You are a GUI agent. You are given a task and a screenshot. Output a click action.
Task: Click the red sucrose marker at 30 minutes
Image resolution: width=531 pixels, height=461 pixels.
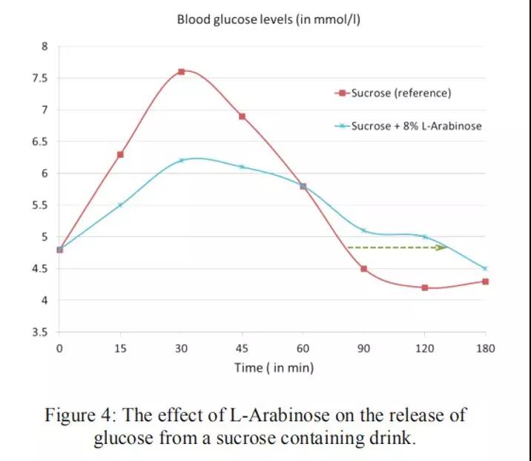tap(181, 72)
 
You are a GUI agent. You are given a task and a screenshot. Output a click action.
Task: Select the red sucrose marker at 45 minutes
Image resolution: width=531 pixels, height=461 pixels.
tap(242, 116)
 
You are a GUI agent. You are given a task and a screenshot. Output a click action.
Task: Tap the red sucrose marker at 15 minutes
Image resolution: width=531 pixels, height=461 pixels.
tap(120, 154)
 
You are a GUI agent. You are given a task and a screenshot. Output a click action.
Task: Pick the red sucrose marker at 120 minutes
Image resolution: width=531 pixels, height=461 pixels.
tap(424, 288)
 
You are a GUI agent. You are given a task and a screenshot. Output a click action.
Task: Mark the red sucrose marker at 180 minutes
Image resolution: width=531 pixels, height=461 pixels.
tap(485, 282)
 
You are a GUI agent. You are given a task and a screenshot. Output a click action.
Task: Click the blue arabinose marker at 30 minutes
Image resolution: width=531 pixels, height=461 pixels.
tap(181, 160)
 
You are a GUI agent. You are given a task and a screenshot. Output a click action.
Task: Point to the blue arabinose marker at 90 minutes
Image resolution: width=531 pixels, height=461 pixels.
tap(363, 230)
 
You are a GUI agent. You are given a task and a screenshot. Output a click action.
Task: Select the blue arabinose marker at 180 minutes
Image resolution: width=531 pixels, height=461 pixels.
tap(485, 268)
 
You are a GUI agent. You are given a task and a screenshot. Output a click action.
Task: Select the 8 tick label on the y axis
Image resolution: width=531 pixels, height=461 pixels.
tap(44, 47)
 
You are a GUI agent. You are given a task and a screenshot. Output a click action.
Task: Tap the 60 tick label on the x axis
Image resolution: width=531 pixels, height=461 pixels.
tap(303, 348)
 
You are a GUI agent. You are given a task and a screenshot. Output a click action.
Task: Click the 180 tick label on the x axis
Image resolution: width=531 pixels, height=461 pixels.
tap(485, 348)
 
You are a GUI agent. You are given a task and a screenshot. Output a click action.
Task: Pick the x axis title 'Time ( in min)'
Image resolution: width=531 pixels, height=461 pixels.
tap(274, 368)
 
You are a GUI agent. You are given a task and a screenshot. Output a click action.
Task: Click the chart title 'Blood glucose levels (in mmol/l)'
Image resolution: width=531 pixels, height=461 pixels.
tap(268, 19)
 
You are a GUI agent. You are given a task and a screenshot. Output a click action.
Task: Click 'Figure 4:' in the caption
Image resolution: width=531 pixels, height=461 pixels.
tap(81, 414)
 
